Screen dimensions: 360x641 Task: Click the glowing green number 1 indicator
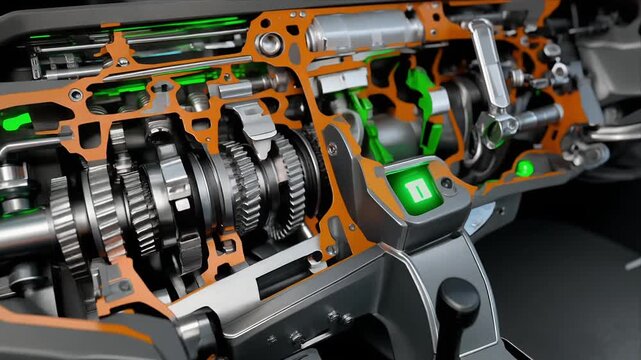[415, 187]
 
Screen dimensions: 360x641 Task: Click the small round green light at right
[524, 168]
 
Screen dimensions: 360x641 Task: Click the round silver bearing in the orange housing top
[269, 43]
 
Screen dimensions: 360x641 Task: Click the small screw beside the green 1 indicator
[446, 183]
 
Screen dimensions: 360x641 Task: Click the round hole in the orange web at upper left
[76, 95]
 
